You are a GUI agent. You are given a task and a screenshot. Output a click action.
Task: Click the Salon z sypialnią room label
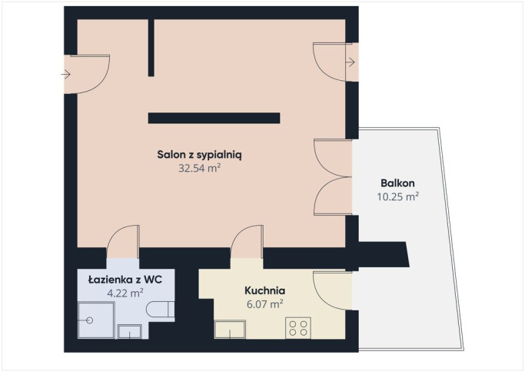point(199,155)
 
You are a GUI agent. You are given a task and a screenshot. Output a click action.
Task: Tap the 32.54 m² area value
point(199,168)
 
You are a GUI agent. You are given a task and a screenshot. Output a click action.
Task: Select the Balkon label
point(397,183)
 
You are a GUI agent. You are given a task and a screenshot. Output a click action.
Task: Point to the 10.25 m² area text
point(397,196)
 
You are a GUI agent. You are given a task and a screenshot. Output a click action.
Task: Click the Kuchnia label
point(265,290)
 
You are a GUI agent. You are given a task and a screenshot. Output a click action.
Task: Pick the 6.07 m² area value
point(265,304)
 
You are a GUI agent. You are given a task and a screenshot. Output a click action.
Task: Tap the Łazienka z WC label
point(125,280)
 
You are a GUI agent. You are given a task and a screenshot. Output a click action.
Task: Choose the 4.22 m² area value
point(125,293)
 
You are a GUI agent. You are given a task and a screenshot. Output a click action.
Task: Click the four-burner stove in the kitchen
point(298,328)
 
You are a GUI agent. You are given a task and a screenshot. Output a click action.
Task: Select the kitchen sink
point(230,330)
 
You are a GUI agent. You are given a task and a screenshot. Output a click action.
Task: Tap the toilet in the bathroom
point(161,309)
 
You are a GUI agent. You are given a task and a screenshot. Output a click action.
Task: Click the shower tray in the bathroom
point(96,320)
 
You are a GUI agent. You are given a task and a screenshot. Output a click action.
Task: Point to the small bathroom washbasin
point(130,331)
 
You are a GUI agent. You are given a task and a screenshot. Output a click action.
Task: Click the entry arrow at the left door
point(65,74)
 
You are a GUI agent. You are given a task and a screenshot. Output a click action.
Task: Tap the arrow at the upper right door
point(351,62)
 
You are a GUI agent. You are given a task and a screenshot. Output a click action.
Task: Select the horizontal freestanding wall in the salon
point(214,118)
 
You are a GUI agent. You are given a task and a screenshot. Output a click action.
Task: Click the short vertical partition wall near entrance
point(151,48)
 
